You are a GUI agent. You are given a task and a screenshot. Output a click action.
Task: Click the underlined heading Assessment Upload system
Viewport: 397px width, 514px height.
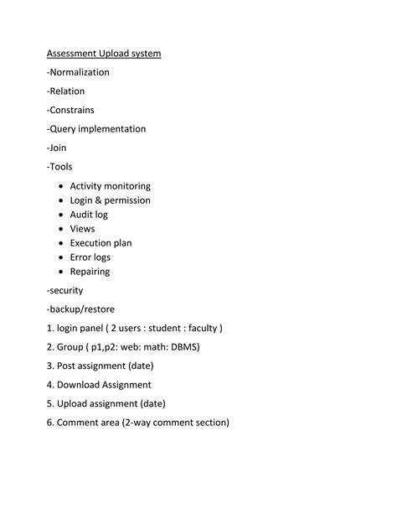(104, 54)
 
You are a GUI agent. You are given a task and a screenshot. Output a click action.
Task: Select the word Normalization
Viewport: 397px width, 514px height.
(80, 72)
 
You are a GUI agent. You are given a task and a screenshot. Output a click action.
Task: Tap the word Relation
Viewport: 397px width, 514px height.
(68, 91)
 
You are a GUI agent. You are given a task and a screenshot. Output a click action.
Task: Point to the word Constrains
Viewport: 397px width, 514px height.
(73, 110)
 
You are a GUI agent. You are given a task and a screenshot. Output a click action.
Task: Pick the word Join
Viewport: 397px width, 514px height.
(59, 148)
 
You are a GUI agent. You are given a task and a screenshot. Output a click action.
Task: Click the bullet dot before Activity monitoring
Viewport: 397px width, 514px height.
(61, 186)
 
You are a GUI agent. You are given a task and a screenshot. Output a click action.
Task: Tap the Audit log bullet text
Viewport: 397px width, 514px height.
(89, 215)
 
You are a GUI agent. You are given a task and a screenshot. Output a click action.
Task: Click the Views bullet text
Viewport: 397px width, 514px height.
(82, 229)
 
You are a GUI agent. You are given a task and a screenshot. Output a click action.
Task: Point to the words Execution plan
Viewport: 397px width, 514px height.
(101, 243)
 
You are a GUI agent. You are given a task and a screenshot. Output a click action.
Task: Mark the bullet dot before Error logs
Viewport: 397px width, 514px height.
(61, 257)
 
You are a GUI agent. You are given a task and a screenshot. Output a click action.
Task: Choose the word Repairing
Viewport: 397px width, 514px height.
(90, 272)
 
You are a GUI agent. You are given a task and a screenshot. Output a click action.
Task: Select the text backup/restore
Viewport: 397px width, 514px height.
(82, 309)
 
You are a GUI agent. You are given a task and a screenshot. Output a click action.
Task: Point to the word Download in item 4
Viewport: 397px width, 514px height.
(79, 385)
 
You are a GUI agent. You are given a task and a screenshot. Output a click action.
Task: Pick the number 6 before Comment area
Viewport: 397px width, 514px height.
(50, 423)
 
